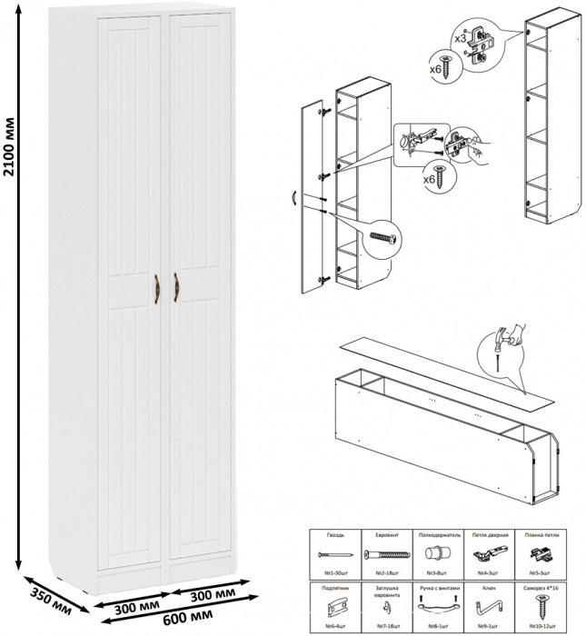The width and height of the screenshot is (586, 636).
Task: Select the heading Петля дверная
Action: pos(491,537)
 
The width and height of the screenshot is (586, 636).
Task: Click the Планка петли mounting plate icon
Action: pos(543,554)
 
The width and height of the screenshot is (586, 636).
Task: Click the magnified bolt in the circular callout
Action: pos(382,239)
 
